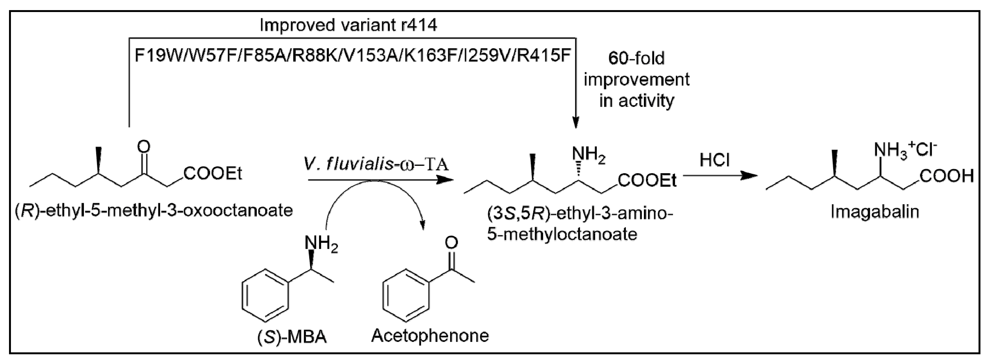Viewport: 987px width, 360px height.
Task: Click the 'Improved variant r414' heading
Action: point(348,25)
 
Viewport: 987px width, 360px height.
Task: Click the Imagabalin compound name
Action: point(875,212)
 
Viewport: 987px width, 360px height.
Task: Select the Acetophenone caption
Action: point(430,336)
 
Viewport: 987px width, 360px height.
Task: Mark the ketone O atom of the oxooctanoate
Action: point(144,147)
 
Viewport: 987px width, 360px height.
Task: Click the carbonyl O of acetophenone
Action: point(451,243)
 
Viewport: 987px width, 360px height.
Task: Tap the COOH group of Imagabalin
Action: point(946,176)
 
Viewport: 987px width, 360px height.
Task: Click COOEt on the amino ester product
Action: point(647,180)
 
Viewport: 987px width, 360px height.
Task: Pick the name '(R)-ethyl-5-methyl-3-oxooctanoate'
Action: point(154,211)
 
